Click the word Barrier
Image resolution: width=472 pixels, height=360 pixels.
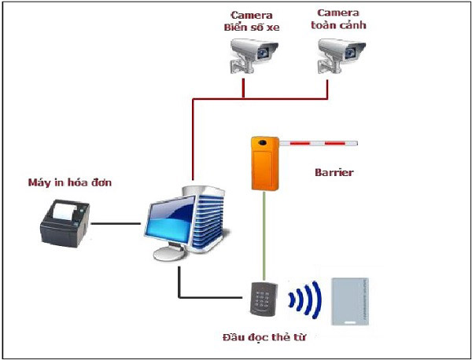tap(334, 172)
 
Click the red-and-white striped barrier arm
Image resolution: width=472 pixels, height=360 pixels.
tap(319, 144)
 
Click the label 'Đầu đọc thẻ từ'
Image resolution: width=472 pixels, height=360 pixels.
tap(264, 339)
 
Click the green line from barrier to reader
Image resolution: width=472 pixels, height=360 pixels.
tap(264, 236)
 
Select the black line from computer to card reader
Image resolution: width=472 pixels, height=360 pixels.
tap(208, 297)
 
